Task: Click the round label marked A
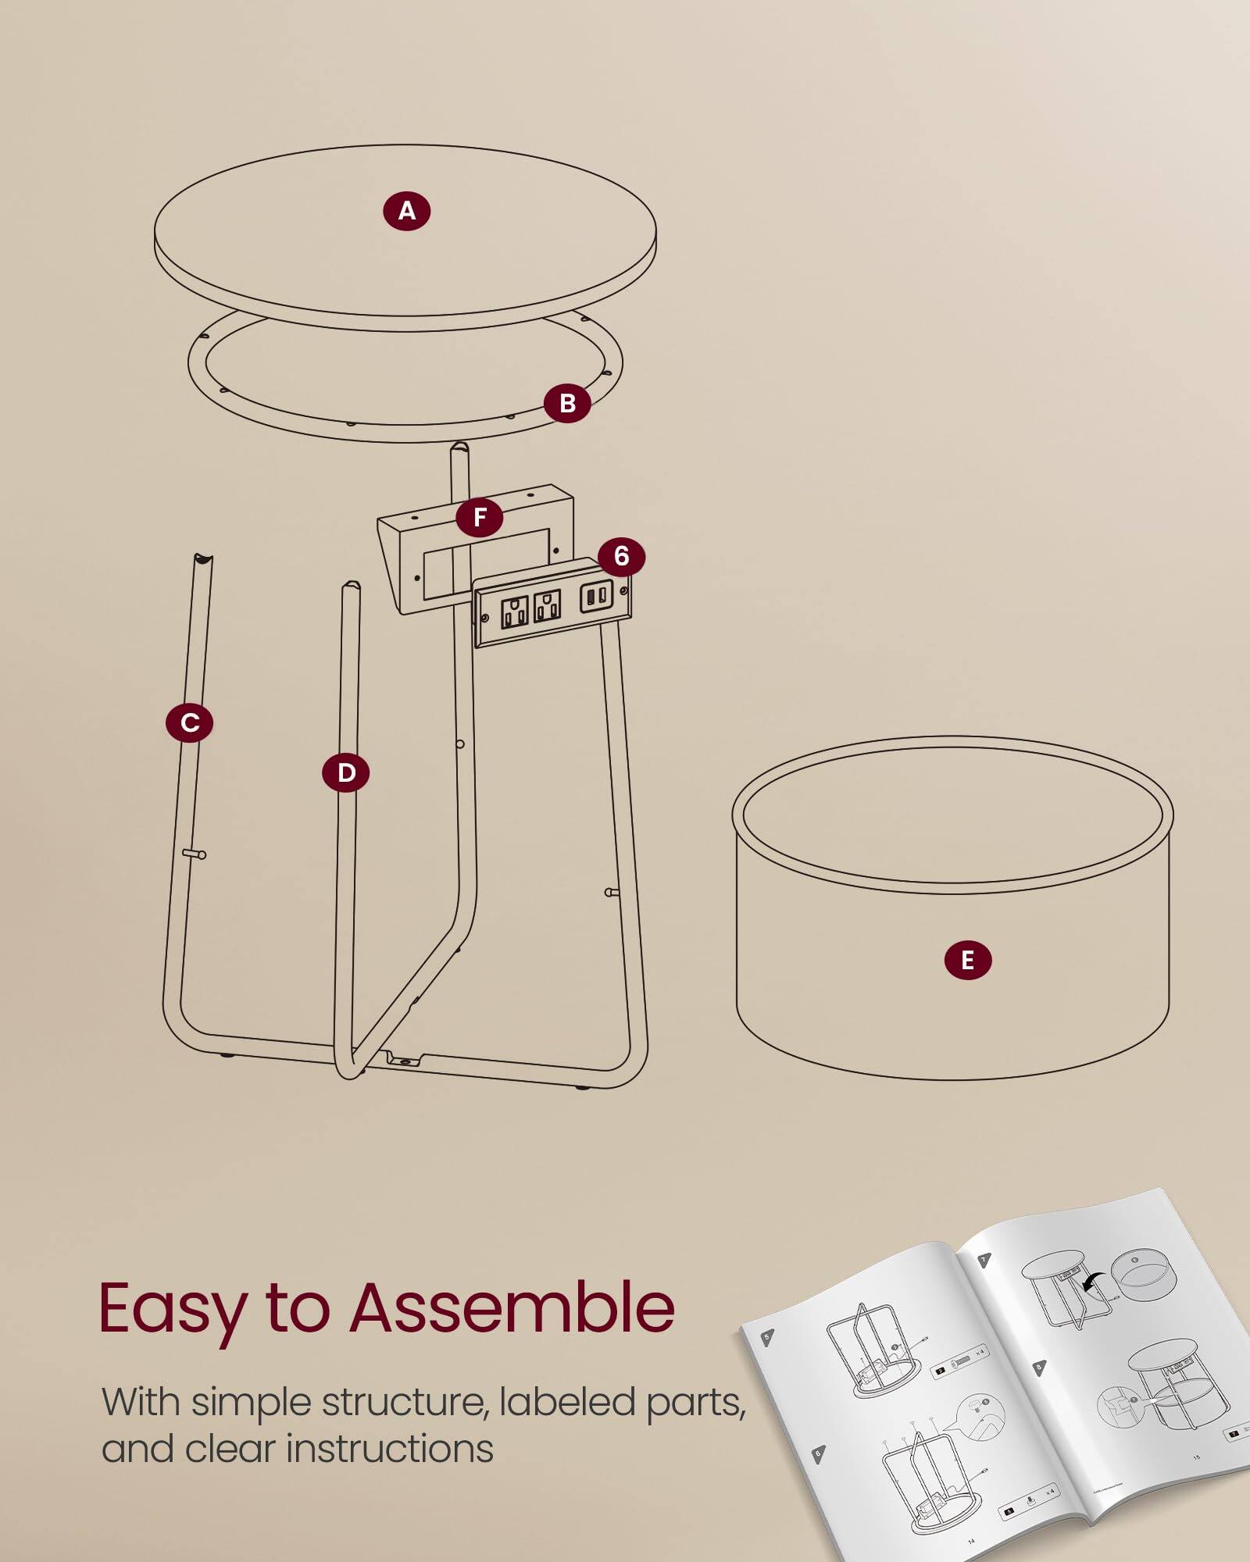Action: tap(406, 211)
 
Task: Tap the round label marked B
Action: tap(567, 403)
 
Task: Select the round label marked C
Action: tap(189, 722)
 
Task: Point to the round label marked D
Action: tap(345, 772)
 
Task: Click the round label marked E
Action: tap(967, 960)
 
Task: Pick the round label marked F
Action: tap(480, 516)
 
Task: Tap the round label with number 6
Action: tap(621, 556)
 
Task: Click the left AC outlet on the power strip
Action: tap(514, 612)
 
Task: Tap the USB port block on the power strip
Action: tap(596, 595)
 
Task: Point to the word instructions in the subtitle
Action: tap(390, 1449)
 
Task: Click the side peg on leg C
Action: tap(195, 854)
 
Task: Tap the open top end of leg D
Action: tap(352, 586)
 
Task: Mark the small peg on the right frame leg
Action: tap(612, 892)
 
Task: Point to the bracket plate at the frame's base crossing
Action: tap(404, 1059)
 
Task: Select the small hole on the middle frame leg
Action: tap(460, 744)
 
